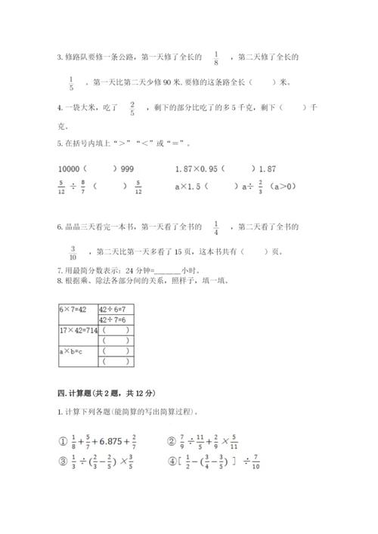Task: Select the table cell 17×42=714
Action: [78, 330]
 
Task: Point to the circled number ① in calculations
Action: [64, 443]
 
